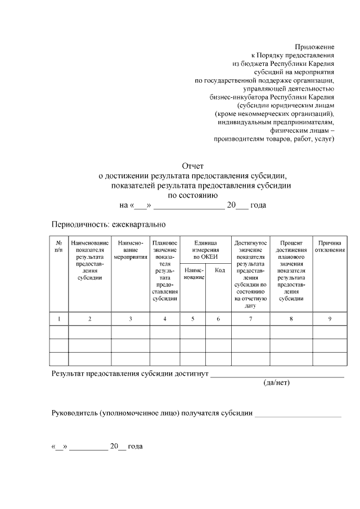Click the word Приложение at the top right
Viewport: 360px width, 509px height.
314,47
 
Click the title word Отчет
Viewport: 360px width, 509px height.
192,166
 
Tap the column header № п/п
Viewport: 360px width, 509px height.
58,246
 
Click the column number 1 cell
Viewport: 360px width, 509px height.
58,319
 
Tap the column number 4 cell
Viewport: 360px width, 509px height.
165,319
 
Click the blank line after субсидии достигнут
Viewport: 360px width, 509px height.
277,375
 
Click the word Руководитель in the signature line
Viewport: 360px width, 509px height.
74,413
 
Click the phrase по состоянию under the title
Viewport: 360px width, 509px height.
193,195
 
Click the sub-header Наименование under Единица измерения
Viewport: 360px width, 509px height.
193,274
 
